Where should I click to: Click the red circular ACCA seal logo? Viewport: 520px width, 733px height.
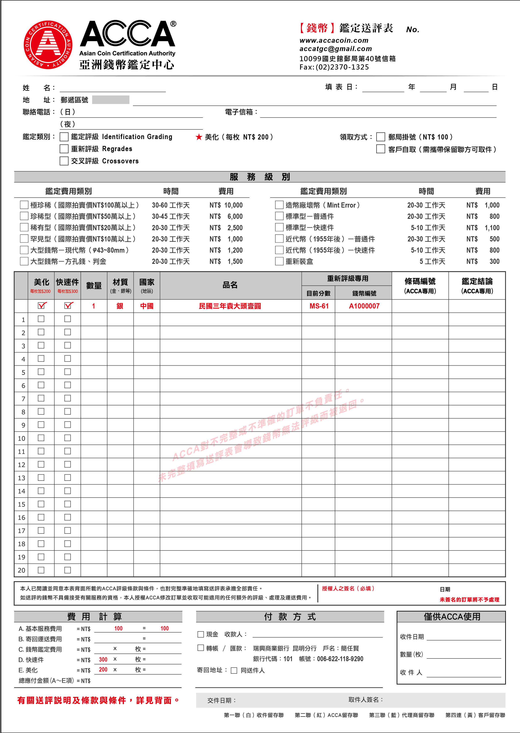[x=48, y=45]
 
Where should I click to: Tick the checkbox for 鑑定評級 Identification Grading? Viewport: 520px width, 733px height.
[x=64, y=137]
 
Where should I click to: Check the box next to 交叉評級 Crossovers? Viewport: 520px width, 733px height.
[x=64, y=161]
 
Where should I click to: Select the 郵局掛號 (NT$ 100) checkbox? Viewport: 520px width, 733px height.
[x=380, y=137]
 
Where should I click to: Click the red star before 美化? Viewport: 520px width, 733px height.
[x=199, y=137]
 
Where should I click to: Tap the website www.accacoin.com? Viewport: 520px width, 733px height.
[x=334, y=40]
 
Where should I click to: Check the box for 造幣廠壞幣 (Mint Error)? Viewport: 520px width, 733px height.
[x=279, y=205]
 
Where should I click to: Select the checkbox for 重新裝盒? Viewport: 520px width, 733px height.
[x=279, y=262]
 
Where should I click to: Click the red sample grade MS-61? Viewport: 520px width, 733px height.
[x=319, y=306]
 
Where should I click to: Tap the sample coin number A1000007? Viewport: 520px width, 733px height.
[x=364, y=306]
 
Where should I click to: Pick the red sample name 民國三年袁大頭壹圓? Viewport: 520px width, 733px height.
[x=230, y=306]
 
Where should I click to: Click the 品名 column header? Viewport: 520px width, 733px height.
[x=230, y=285]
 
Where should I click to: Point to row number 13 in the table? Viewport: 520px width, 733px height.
[x=21, y=478]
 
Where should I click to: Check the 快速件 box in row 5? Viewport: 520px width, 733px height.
[x=67, y=372]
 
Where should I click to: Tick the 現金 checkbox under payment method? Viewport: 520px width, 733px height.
[x=201, y=634]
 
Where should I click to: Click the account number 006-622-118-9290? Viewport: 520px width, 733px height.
[x=340, y=659]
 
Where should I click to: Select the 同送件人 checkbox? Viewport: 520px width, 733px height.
[x=234, y=671]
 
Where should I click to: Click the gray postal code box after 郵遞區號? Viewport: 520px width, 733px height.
[x=110, y=100]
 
